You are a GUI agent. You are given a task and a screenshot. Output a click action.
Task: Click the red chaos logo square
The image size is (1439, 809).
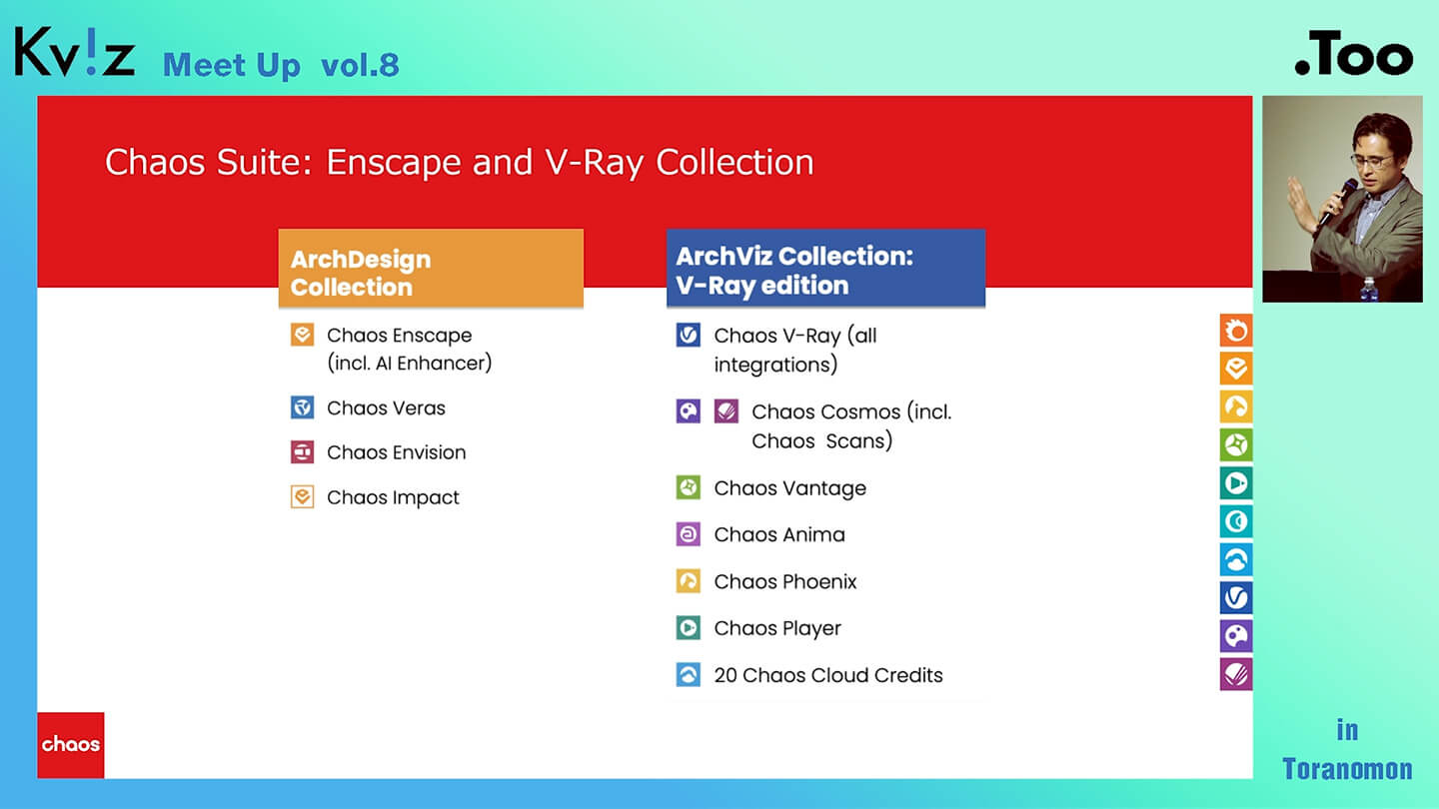click(x=71, y=745)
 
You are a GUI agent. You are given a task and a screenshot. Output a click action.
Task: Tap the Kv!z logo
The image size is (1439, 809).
click(x=75, y=51)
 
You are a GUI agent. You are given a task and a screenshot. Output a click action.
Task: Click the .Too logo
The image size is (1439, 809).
click(x=1353, y=53)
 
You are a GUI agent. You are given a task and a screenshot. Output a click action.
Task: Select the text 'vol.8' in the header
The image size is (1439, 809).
click(x=360, y=65)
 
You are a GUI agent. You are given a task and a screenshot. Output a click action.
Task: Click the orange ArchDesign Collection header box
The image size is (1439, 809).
click(x=431, y=268)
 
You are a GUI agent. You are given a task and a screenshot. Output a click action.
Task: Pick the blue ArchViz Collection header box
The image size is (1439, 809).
click(x=826, y=268)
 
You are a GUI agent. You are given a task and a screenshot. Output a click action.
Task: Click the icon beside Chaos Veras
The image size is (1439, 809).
click(x=302, y=407)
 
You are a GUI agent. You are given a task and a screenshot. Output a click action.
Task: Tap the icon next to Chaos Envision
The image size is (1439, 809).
click(x=302, y=452)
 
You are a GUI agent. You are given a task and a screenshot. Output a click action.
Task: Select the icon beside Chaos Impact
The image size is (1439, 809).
click(x=302, y=497)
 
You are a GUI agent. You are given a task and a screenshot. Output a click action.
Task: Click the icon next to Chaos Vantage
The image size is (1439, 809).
click(x=688, y=487)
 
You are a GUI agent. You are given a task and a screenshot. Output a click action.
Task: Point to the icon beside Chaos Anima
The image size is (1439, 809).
click(x=688, y=534)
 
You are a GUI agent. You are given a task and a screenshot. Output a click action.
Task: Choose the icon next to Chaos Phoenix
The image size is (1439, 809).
click(x=688, y=581)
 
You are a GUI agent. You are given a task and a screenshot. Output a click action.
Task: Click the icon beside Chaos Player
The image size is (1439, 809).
click(x=688, y=627)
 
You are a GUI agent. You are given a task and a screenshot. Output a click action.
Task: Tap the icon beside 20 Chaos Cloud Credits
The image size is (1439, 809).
click(x=688, y=675)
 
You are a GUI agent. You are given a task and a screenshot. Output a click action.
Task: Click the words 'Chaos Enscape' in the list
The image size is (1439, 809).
click(x=399, y=336)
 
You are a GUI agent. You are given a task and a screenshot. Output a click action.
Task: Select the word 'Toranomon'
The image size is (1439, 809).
click(x=1347, y=769)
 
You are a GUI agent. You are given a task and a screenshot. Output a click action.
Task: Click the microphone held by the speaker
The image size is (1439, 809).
click(x=1337, y=201)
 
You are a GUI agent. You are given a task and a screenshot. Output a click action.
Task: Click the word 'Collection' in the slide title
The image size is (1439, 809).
click(x=734, y=162)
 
